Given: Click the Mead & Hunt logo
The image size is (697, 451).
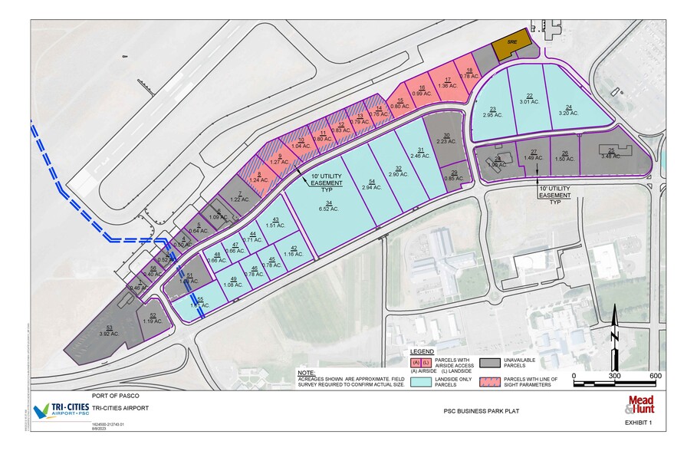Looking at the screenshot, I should click(x=641, y=403).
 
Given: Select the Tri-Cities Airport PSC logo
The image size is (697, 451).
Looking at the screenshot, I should click(x=61, y=409).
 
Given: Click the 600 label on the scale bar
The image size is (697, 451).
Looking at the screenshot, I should click(x=656, y=376).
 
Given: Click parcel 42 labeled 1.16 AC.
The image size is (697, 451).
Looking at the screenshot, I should click(x=293, y=251).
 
